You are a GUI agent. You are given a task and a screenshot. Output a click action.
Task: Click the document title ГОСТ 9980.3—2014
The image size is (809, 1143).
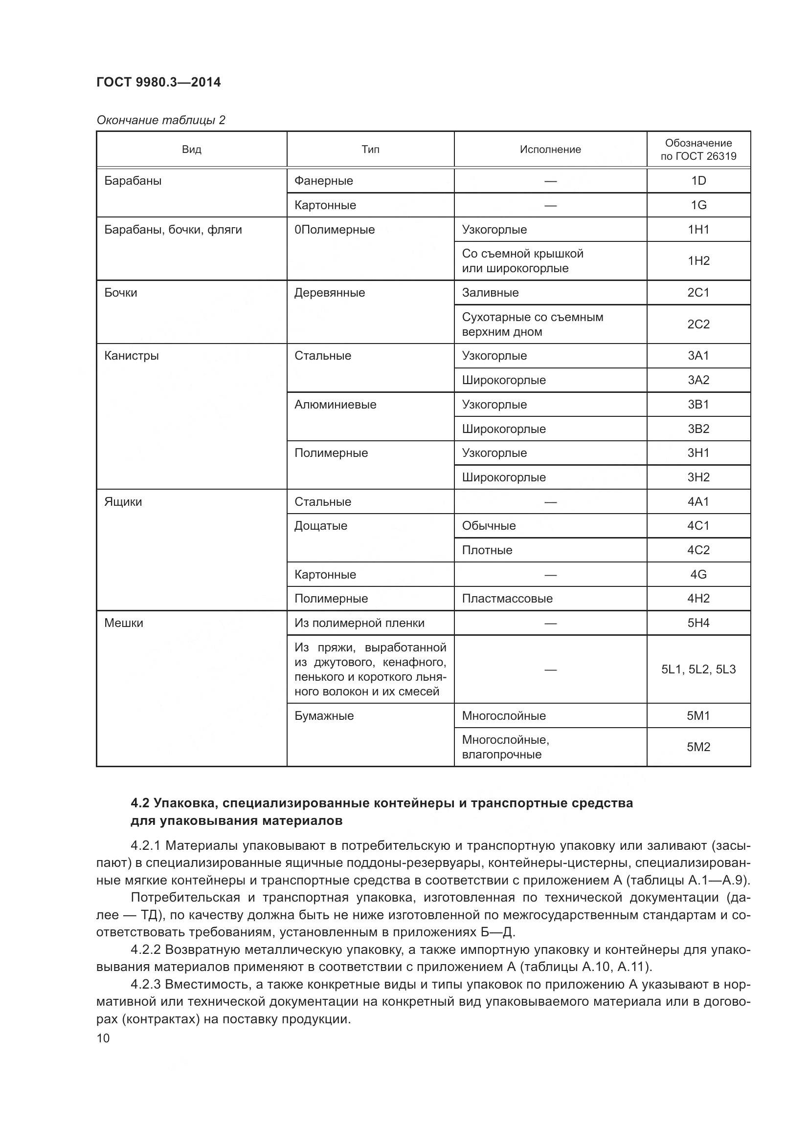click(158, 82)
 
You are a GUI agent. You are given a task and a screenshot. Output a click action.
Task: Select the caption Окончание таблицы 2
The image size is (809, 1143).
click(161, 120)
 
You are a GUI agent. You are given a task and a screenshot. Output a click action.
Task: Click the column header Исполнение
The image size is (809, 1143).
click(550, 150)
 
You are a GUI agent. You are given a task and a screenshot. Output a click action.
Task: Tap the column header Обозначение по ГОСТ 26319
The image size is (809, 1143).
click(698, 150)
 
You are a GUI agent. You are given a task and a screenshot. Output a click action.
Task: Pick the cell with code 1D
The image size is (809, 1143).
click(698, 181)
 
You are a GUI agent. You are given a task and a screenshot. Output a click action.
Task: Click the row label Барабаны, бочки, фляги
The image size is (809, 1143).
click(173, 230)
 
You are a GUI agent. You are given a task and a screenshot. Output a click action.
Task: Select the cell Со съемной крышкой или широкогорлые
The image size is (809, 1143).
click(522, 261)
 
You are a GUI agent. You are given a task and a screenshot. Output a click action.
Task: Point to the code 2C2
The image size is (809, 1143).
click(698, 324)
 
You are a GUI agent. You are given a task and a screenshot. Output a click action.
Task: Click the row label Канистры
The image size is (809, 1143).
click(132, 355)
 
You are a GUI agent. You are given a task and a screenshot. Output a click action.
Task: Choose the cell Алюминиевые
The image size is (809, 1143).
click(335, 404)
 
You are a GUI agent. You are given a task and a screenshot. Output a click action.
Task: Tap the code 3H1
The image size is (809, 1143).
click(698, 453)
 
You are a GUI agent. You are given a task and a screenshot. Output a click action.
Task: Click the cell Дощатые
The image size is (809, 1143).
click(320, 526)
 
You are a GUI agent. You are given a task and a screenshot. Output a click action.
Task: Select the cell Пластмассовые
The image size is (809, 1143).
click(507, 599)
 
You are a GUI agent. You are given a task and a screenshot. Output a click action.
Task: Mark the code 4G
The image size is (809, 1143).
click(698, 575)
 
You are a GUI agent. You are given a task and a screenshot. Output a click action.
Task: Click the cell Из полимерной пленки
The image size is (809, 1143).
click(359, 623)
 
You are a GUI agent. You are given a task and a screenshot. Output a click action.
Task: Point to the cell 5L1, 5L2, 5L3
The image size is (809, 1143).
click(698, 669)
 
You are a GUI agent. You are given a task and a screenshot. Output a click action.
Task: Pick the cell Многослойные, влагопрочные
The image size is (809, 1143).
click(505, 747)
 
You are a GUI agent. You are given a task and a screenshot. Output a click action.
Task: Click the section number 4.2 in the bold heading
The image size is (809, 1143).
click(140, 803)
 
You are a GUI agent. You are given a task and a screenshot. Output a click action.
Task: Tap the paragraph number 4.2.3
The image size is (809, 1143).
click(145, 984)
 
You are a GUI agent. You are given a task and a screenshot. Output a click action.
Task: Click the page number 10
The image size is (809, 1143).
click(103, 1038)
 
